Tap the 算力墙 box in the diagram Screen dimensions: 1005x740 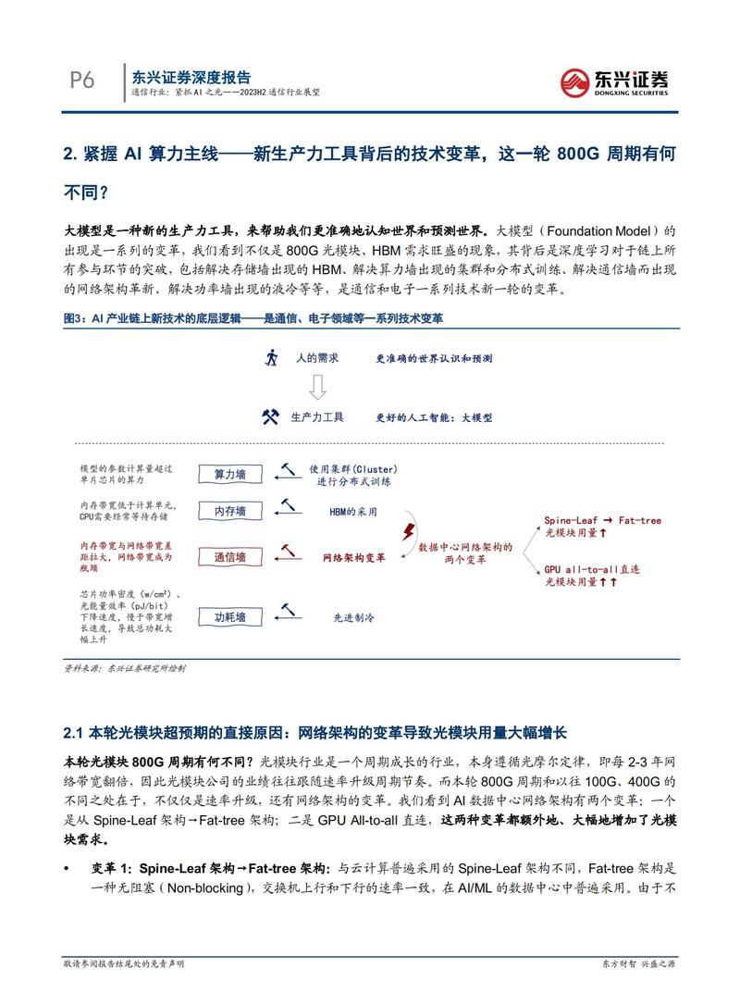pos(230,474)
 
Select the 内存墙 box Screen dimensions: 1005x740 pos(230,511)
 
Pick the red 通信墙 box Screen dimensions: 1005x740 pos(230,558)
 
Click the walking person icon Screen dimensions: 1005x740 pos(270,357)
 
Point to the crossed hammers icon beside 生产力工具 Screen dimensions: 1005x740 pos(270,417)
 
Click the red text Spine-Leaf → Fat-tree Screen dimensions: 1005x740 pos(602,520)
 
